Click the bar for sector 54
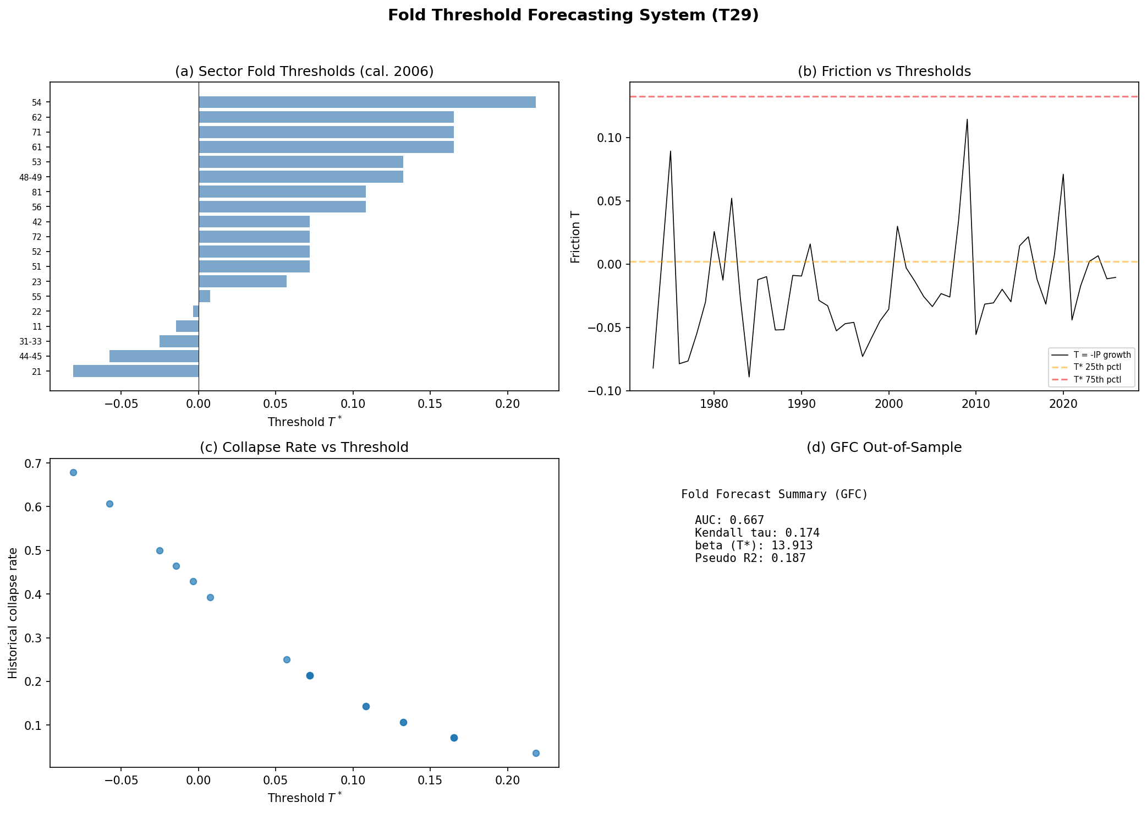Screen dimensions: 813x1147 coord(367,102)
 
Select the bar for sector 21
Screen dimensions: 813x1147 coord(136,371)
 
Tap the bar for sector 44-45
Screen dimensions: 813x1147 coord(154,356)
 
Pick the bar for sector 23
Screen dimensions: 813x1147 coord(243,281)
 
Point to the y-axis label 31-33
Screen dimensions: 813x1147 coord(31,342)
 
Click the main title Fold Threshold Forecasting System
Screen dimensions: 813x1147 coord(573,15)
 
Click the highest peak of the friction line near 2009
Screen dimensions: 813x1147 coord(967,119)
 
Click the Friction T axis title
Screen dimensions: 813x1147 coord(576,237)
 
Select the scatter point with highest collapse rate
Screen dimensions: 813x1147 coord(73,472)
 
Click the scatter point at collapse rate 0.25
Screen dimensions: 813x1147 coord(287,659)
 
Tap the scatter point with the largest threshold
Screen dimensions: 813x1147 coord(536,753)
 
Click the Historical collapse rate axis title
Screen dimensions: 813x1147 coord(13,613)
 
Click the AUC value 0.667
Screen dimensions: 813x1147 coord(747,520)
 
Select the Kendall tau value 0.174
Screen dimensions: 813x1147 coord(802,533)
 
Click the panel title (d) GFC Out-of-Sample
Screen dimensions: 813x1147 coord(884,448)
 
